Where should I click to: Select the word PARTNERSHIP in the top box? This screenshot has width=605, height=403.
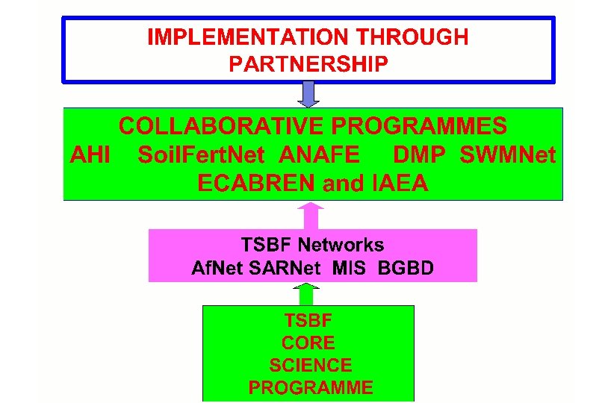coord(308,64)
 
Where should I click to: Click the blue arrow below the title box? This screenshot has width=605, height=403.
coord(308,94)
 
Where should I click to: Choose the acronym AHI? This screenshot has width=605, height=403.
coord(90,154)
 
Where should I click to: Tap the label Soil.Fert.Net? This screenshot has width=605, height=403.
coord(201,154)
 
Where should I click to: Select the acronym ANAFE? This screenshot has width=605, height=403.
coord(319,154)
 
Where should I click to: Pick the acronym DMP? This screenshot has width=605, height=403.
coord(419,154)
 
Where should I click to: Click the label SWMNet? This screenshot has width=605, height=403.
coord(508,154)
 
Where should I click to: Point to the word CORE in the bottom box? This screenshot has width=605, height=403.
coord(308,343)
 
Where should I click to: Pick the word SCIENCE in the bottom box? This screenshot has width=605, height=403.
coord(310,366)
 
